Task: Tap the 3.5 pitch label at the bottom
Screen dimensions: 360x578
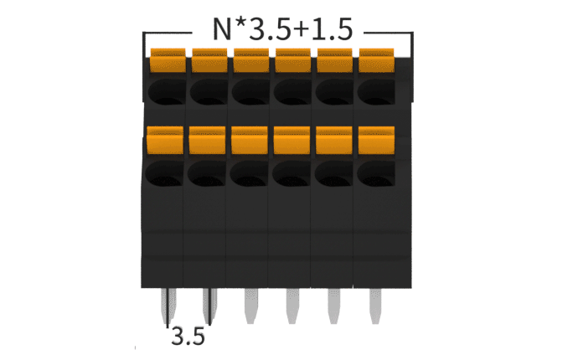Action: tap(188, 337)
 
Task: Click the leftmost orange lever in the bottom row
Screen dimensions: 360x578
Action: tap(164, 140)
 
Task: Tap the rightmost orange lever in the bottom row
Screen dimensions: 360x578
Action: tap(376, 140)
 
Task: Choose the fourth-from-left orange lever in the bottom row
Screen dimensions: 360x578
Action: tap(292, 140)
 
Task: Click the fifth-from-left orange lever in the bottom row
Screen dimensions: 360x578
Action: tap(333, 140)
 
